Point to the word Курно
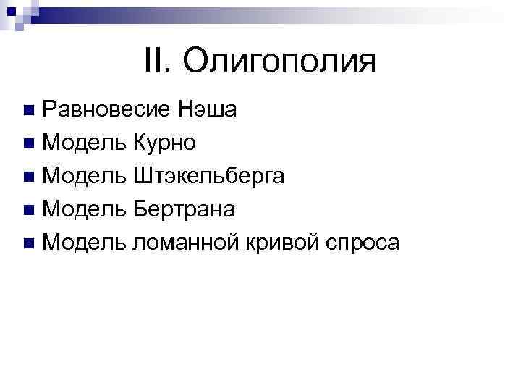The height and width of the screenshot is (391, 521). pyautogui.click(x=164, y=143)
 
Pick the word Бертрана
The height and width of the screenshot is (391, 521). pyautogui.click(x=184, y=209)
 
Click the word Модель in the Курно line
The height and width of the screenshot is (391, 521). pyautogui.click(x=84, y=143)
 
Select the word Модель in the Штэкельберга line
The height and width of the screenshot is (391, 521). pyautogui.click(x=84, y=176)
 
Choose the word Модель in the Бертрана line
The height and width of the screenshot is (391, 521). pyautogui.click(x=84, y=209)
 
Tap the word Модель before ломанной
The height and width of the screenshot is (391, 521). pyautogui.click(x=84, y=243)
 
